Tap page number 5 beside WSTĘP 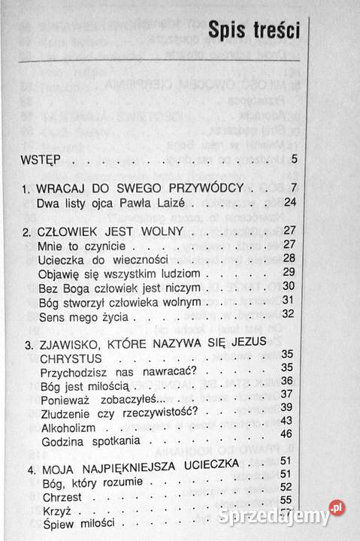295,159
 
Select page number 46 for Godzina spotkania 286,434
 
